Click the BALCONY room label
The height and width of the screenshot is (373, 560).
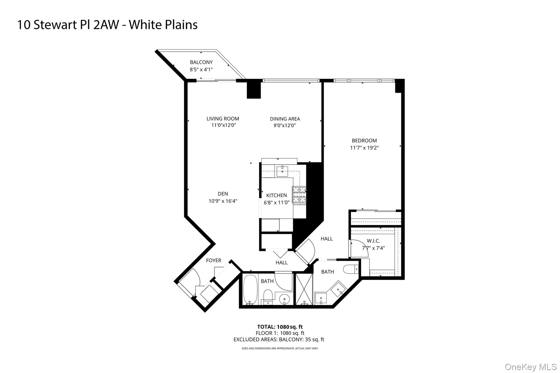[x=201, y=62]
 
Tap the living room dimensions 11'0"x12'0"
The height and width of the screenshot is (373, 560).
[x=223, y=125]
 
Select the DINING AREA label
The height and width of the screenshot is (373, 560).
[x=285, y=119]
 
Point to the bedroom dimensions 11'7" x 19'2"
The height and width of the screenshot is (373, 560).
[x=364, y=148]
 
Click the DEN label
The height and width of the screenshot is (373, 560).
[x=223, y=194]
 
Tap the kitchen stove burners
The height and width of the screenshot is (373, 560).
[x=299, y=195]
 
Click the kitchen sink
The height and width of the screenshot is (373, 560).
[x=282, y=171]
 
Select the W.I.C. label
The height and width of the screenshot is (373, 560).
[x=373, y=241]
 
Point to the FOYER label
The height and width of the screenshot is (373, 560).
[x=214, y=260]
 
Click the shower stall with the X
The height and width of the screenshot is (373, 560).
[x=304, y=289]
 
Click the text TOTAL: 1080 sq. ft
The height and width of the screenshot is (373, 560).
[x=280, y=327]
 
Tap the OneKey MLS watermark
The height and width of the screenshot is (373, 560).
[x=530, y=367]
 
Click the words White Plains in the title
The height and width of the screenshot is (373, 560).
[x=163, y=25]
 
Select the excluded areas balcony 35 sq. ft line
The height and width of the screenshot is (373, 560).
[x=279, y=339]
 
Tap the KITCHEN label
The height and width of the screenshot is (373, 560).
[x=276, y=195]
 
